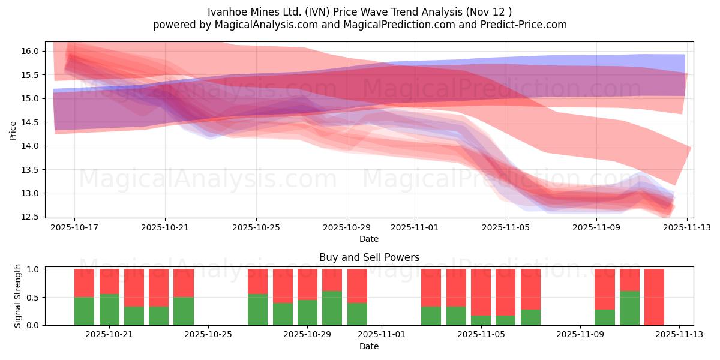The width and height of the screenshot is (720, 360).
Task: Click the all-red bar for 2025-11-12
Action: pyautogui.click(x=654, y=297)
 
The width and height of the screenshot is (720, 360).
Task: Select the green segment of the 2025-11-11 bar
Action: pyautogui.click(x=629, y=308)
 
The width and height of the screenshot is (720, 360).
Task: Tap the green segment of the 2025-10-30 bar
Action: pyautogui.click(x=332, y=308)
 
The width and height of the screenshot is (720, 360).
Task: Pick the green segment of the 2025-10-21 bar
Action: pyautogui.click(x=109, y=310)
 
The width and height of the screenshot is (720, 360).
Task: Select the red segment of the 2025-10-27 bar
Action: pyautogui.click(x=257, y=281)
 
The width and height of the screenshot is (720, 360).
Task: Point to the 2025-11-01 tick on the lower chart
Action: pyautogui.click(x=382, y=335)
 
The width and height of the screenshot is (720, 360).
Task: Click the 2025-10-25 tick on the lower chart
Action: pyautogui.click(x=208, y=335)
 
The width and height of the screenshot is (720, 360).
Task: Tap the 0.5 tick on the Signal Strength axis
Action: pyautogui.click(x=34, y=298)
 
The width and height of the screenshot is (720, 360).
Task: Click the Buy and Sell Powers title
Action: pyautogui.click(x=369, y=257)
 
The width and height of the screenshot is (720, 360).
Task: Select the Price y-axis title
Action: pyautogui.click(x=13, y=130)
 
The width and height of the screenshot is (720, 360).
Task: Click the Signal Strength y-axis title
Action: pyautogui.click(x=18, y=295)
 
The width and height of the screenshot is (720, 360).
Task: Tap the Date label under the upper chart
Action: pyautogui.click(x=369, y=239)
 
